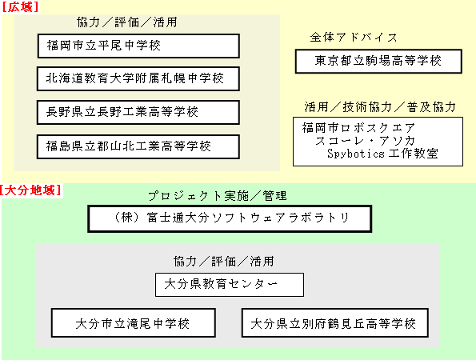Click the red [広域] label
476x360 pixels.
(20, 7)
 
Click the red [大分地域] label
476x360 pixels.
(30, 190)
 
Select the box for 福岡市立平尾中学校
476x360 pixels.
(138, 46)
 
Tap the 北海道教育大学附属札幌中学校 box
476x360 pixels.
(138, 78)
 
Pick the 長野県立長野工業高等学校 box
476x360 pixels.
(138, 112)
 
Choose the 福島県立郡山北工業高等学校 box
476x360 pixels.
(138, 146)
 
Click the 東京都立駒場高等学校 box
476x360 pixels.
(378, 61)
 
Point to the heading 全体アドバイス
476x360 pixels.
(354, 38)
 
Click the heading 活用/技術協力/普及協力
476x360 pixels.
(380, 107)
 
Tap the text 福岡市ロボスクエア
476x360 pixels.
(358, 128)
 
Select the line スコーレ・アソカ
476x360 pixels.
(365, 141)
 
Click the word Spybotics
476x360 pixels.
(356, 154)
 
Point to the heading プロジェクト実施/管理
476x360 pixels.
(218, 196)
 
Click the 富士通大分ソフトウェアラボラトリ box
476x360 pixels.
(230, 219)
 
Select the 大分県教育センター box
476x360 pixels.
(230, 285)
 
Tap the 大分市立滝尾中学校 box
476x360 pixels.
(134, 323)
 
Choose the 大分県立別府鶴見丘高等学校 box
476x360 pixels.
(335, 323)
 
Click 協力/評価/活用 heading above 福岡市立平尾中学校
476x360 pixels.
(127, 22)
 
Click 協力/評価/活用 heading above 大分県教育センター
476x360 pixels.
(224, 261)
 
